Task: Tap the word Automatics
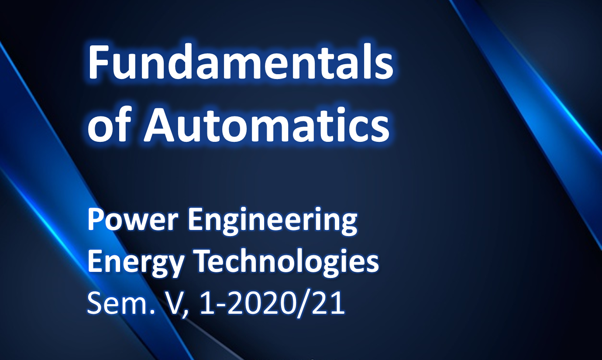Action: pyautogui.click(x=267, y=124)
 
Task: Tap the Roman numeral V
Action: pyautogui.click(x=172, y=303)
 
